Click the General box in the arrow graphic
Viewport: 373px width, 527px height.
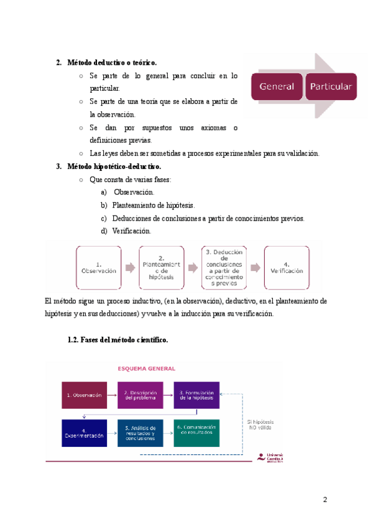[x=277, y=86]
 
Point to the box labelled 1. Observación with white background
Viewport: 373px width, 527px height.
[x=99, y=267]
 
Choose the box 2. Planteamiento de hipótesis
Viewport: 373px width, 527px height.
[x=161, y=267]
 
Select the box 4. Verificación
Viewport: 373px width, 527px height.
[x=287, y=267]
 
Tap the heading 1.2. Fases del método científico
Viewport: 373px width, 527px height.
[x=117, y=341]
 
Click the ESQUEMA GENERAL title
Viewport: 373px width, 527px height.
[x=147, y=368]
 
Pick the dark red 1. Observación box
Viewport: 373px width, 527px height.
[x=84, y=395]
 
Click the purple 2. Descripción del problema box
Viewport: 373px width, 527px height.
[x=140, y=395]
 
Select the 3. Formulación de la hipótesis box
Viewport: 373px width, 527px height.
[x=196, y=395]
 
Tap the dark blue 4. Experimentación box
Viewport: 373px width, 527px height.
[x=84, y=433]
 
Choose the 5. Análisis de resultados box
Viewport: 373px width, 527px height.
[x=140, y=433]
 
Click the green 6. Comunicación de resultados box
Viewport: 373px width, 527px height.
[x=196, y=433]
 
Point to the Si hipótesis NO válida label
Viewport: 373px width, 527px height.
[x=260, y=425]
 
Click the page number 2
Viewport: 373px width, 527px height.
[x=325, y=500]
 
